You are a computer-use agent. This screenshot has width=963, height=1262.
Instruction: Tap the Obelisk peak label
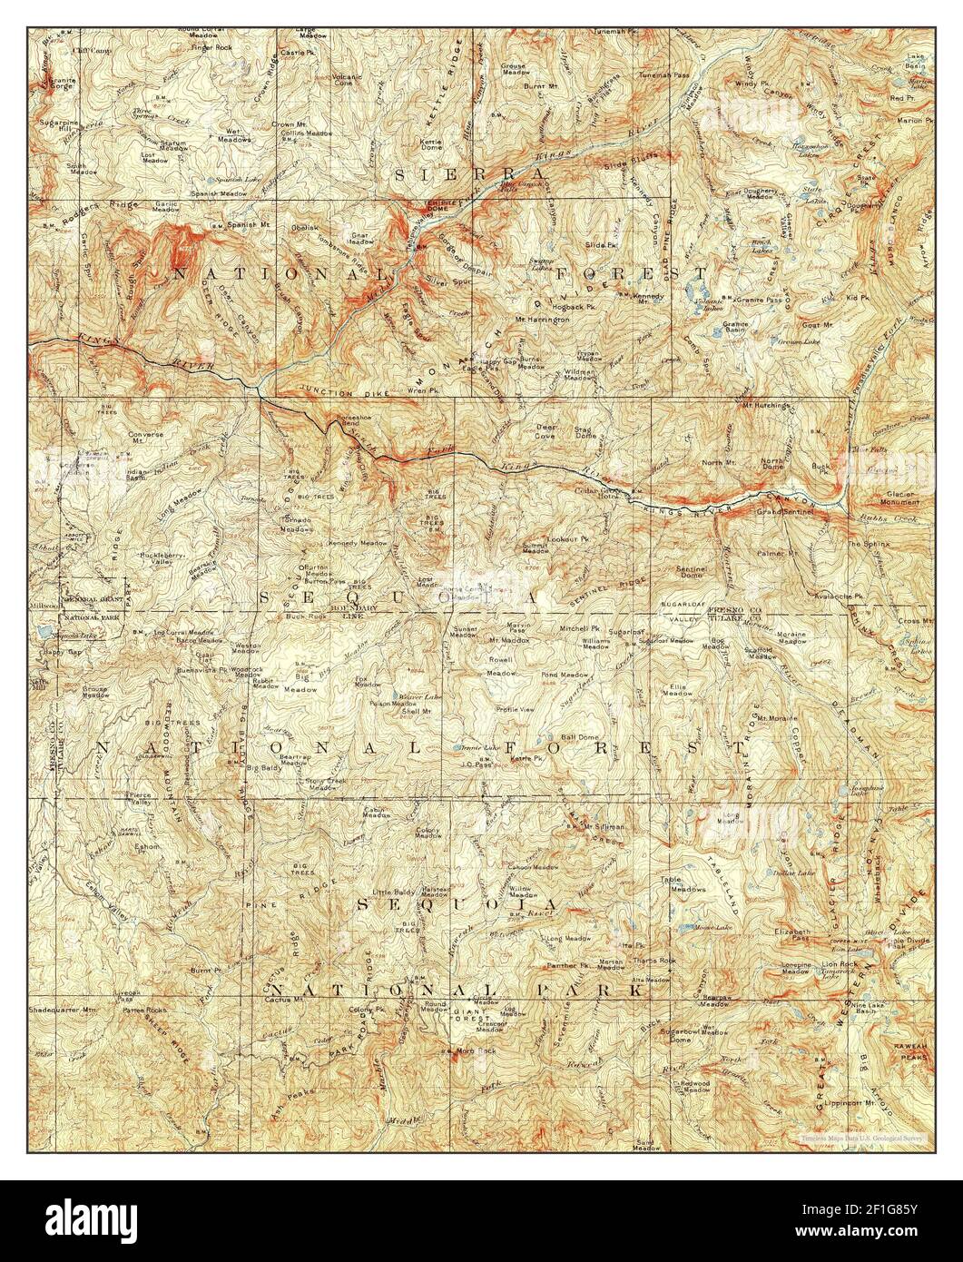[x=302, y=227]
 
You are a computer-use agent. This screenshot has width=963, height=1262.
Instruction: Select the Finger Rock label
[x=212, y=46]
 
